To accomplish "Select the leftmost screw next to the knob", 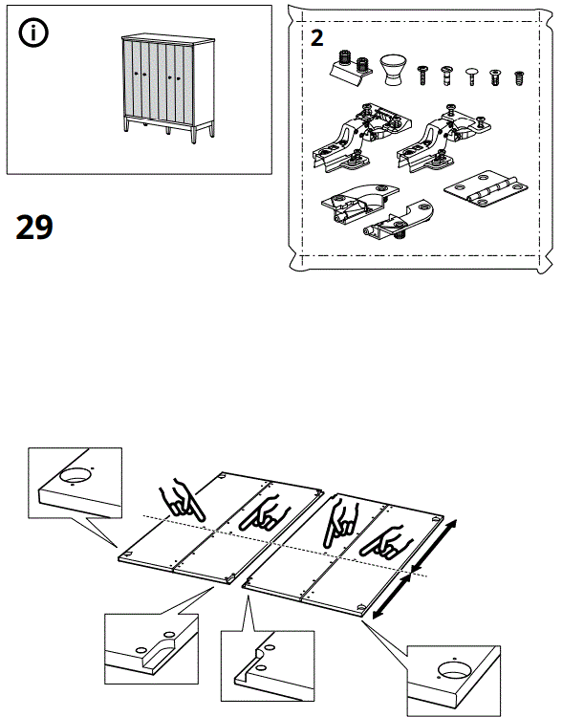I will tap(422, 73).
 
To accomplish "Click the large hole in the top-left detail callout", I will tap(76, 473).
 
